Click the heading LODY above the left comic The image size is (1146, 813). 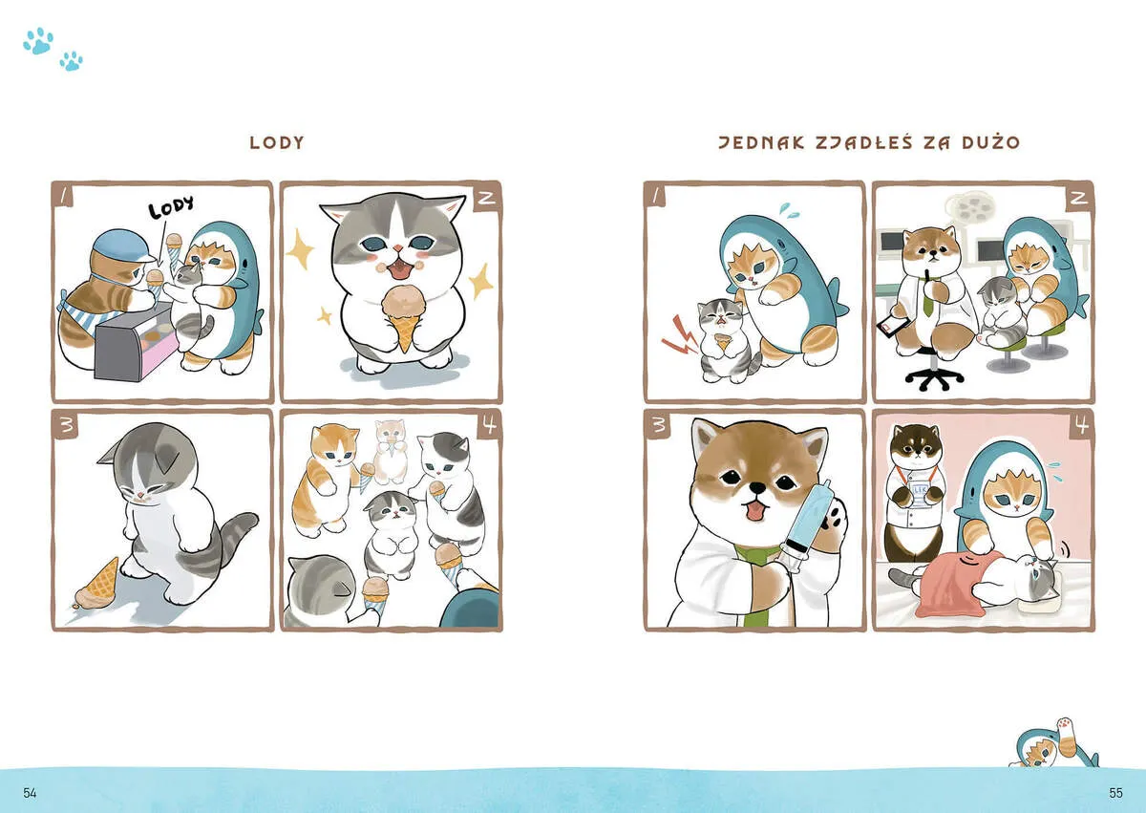point(277,142)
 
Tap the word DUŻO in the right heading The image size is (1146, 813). point(991,141)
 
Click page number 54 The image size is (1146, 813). point(30,793)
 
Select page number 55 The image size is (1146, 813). point(1115,793)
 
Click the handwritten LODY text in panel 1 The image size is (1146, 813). point(171,206)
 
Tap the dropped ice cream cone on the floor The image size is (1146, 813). point(97,585)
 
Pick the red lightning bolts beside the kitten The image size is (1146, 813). point(679,335)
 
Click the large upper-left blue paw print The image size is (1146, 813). point(38,41)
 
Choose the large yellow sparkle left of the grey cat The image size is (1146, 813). point(300,249)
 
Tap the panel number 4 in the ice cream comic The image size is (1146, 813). point(490,425)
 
